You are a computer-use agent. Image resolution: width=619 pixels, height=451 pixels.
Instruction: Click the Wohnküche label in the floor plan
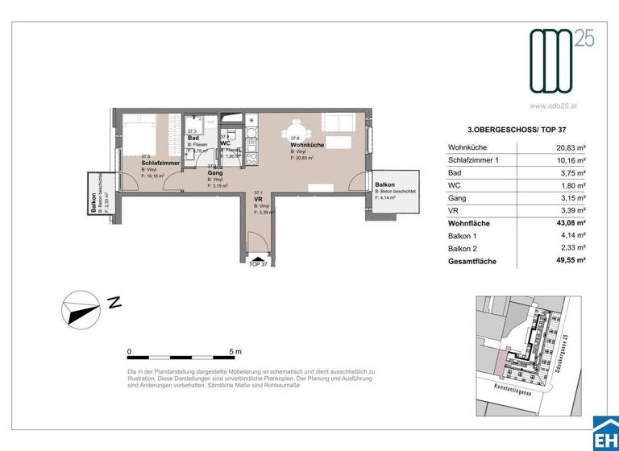(308, 145)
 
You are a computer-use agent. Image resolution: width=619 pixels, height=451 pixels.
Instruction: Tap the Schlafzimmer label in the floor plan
(159, 163)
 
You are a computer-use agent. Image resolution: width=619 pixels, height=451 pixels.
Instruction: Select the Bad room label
(193, 138)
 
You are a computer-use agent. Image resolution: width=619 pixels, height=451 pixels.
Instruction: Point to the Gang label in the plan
(215, 173)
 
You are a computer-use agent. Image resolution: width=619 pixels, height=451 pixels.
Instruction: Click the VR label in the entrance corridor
(259, 200)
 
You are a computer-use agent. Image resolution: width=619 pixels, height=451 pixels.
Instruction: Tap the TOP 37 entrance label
(258, 263)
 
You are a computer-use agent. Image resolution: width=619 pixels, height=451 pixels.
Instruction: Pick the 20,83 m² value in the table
(570, 147)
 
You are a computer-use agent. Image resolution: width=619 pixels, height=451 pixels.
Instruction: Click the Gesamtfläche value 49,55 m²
(570, 262)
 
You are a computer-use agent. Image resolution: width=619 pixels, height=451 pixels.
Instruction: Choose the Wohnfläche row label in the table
(469, 223)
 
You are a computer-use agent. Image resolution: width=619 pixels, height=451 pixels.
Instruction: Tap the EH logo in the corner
(604, 436)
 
